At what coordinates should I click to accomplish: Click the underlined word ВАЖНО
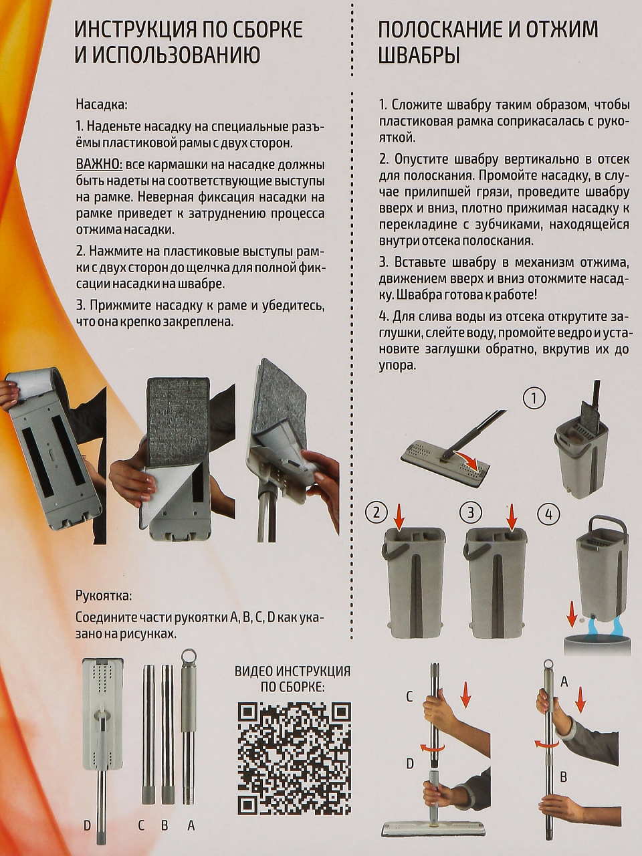[99, 165]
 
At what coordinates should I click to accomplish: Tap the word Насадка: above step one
[102, 105]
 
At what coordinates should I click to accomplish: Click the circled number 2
[377, 512]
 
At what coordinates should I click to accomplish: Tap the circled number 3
[471, 512]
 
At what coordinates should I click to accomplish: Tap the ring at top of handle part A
[189, 655]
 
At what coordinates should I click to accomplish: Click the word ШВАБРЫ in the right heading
[419, 55]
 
